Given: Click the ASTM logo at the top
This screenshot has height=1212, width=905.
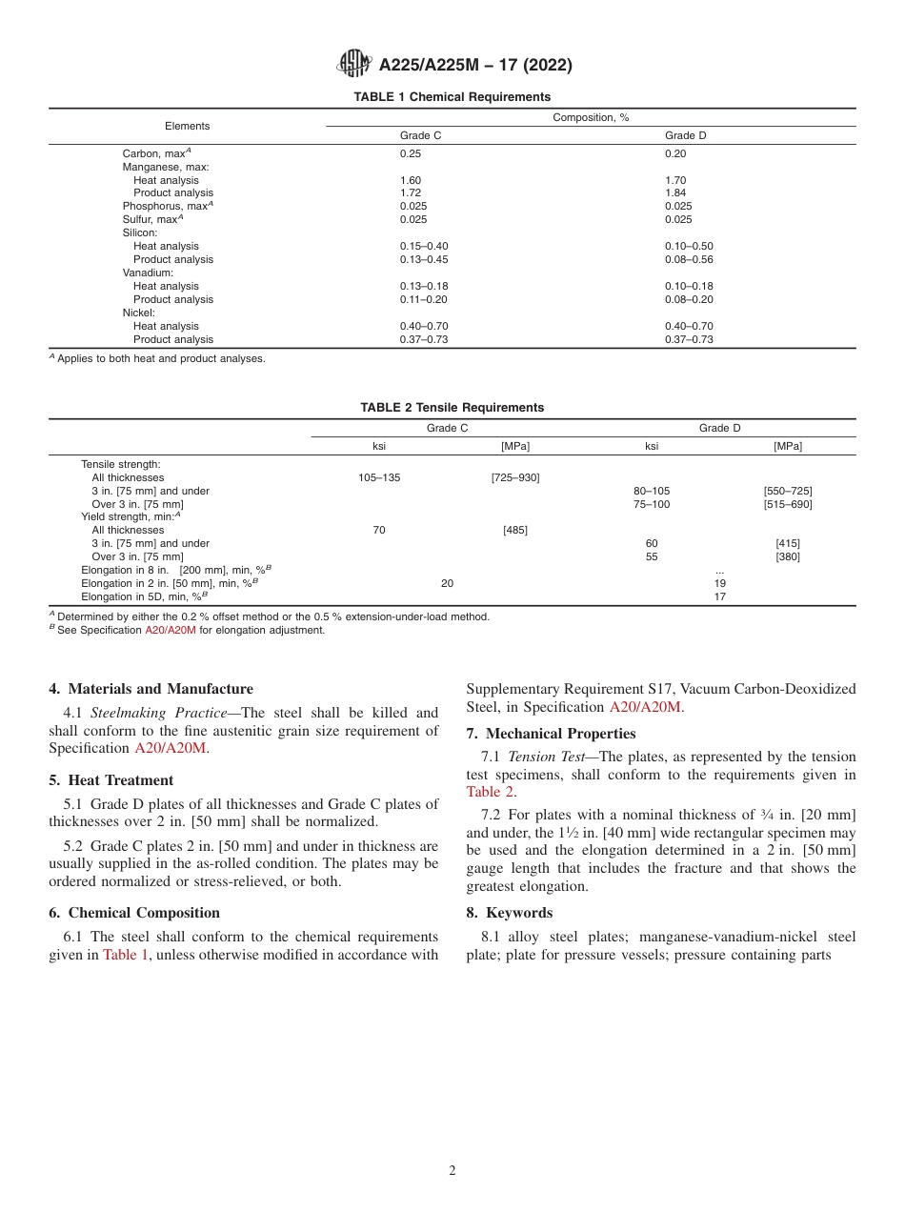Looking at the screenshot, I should click(x=355, y=65).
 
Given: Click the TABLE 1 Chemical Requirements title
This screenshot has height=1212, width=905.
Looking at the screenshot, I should click(x=452, y=97).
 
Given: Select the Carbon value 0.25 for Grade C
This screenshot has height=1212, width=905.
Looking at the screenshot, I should click(x=410, y=153).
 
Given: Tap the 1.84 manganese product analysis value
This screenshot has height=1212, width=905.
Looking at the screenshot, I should click(x=675, y=193).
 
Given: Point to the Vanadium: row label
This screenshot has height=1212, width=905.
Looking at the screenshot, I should click(x=148, y=273).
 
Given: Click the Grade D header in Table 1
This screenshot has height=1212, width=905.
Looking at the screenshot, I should click(x=685, y=135).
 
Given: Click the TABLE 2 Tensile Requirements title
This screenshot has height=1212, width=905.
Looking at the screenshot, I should click(x=452, y=408).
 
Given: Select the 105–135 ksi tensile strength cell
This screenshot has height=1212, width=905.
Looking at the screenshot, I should click(x=379, y=478).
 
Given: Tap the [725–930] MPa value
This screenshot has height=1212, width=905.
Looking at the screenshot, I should click(x=515, y=478).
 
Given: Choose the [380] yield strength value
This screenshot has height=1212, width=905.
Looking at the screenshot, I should click(x=788, y=557).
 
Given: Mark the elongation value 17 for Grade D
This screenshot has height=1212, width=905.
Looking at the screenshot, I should click(x=720, y=597).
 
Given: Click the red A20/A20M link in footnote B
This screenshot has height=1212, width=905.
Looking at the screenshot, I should click(x=170, y=631).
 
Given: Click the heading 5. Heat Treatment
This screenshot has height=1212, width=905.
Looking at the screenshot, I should click(x=111, y=780).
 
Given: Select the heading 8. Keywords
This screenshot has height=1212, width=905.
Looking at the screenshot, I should click(x=509, y=913).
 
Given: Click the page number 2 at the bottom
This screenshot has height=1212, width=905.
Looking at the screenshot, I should click(x=452, y=1171).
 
